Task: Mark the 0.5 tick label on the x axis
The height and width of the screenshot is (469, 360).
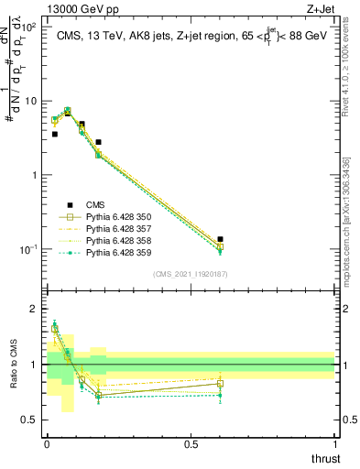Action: click(x=191, y=445)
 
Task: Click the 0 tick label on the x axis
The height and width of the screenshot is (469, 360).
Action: click(x=47, y=445)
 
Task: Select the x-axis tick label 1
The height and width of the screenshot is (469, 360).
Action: click(x=334, y=445)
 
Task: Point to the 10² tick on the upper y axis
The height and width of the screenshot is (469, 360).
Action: click(x=29, y=27)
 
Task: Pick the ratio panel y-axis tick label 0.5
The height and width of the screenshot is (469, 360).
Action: click(x=30, y=420)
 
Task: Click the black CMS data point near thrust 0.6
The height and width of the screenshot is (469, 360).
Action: click(x=220, y=239)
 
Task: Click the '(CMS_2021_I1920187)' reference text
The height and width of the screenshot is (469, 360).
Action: click(x=191, y=273)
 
